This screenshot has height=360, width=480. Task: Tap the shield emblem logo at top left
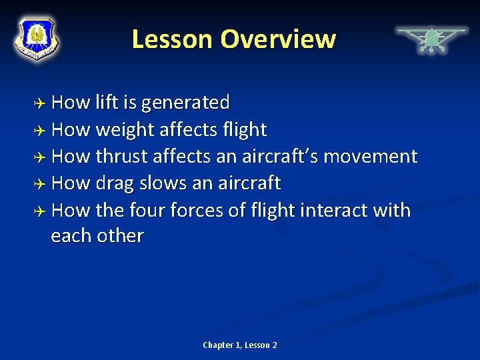tap(37, 38)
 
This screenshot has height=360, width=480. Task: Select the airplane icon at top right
tap(431, 39)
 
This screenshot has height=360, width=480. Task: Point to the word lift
tap(106, 103)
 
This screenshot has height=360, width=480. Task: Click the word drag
tap(115, 183)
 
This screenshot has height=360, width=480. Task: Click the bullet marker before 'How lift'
tap(39, 103)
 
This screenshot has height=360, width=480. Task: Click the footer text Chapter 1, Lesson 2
tap(240, 345)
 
